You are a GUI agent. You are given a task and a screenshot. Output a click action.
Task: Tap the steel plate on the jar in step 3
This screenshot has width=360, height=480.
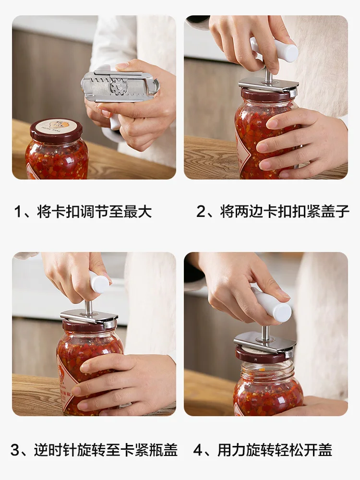pos(89,317)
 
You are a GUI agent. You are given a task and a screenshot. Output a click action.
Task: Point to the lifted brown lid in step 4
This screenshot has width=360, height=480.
pos(262,355)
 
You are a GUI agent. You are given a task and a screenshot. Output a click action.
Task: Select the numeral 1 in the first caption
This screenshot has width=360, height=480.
pos(18,212)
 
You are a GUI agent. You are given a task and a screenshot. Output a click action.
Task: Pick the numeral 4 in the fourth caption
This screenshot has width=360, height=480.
pos(198,450)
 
